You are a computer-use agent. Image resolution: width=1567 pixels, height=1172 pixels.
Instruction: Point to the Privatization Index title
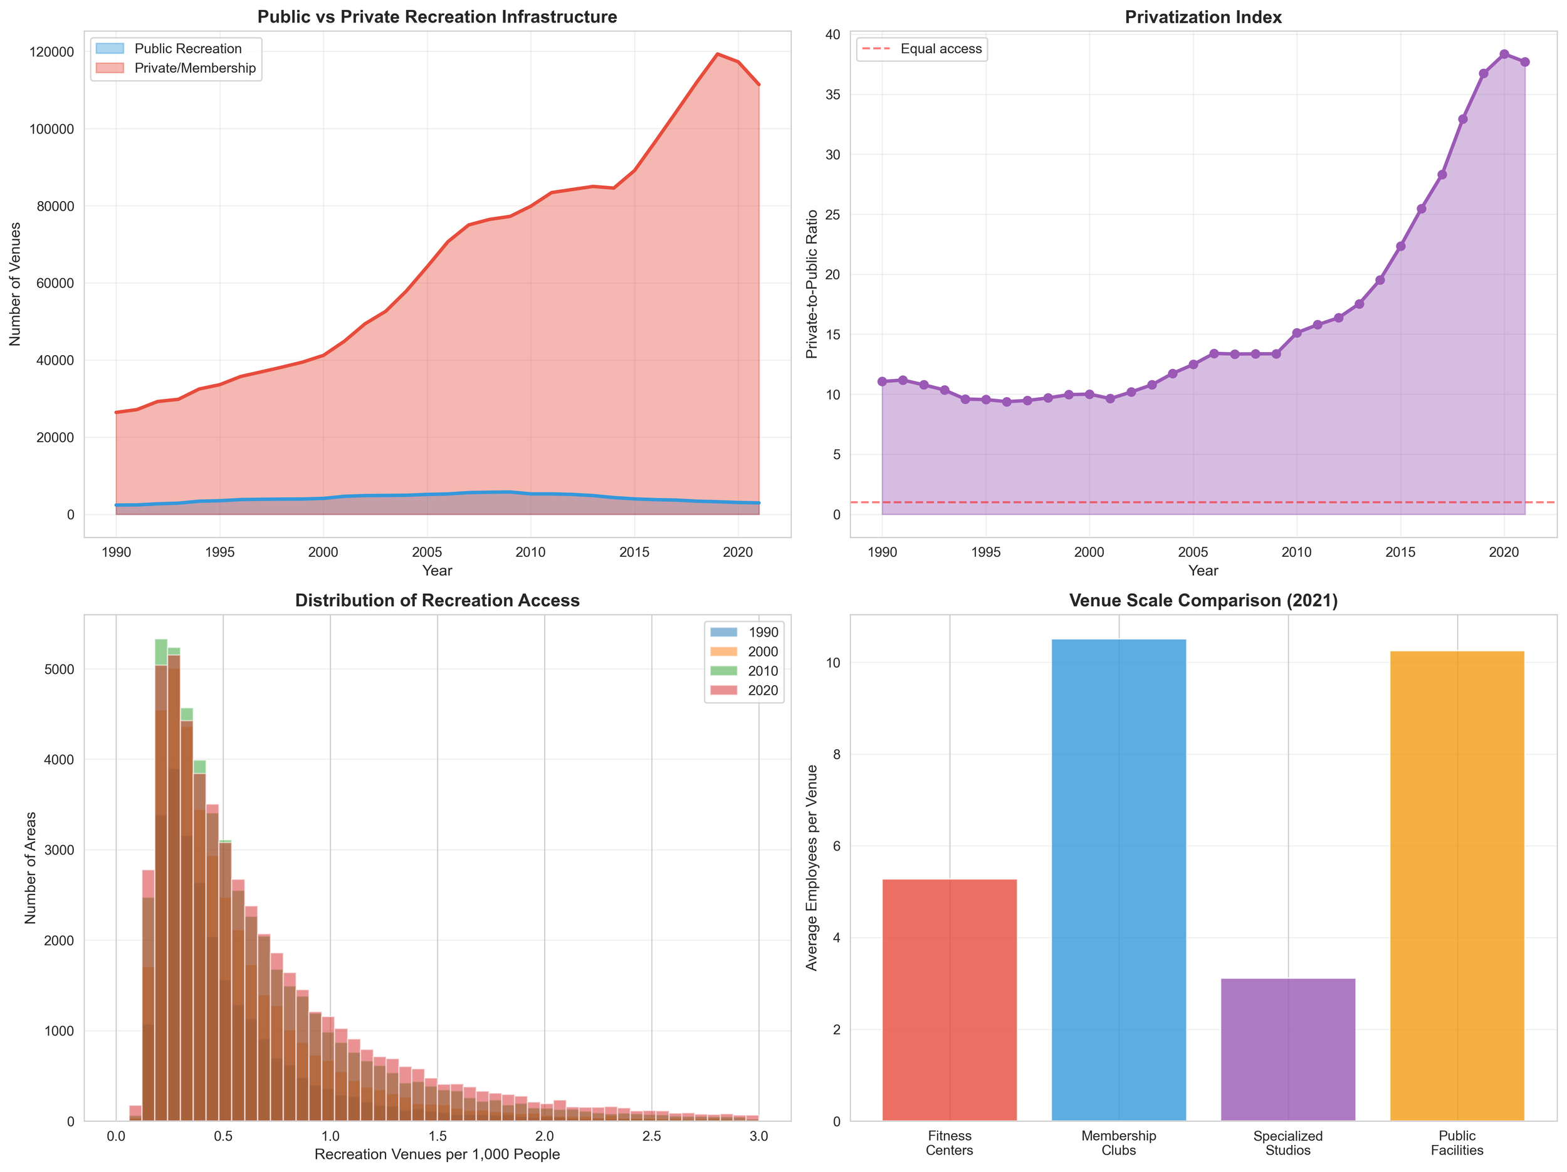point(1203,17)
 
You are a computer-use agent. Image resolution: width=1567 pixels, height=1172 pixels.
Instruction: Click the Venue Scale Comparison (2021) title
point(1203,601)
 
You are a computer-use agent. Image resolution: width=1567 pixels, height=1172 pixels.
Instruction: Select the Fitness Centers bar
point(949,999)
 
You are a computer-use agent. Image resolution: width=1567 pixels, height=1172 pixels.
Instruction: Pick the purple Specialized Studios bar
point(1288,1049)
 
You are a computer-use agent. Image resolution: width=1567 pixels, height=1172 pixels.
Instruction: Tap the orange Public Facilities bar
point(1457,885)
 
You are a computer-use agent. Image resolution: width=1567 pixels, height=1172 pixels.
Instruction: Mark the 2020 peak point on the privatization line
point(1504,54)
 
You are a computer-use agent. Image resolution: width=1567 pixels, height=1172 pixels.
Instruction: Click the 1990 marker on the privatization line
point(882,381)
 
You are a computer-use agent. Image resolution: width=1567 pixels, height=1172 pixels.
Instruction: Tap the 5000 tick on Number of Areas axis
point(60,669)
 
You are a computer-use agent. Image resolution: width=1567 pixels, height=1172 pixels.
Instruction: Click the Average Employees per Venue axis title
point(812,868)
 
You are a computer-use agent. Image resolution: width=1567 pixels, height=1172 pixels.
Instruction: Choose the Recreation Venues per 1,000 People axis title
point(437,1155)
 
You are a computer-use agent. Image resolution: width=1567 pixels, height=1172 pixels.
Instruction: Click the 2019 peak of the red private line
point(718,54)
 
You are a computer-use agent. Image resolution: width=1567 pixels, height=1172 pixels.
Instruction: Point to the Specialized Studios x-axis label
point(1288,1143)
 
